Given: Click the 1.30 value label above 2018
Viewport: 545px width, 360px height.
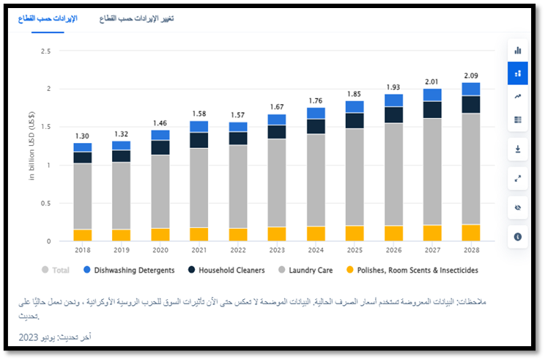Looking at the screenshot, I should tap(82, 136).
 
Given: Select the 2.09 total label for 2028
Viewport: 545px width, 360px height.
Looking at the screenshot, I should tap(472, 76).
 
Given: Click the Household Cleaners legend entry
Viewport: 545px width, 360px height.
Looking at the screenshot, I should tap(226, 271).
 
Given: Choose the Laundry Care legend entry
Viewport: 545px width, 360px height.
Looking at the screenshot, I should tap(305, 271).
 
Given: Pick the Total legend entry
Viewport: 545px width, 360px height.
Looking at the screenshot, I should tap(56, 271).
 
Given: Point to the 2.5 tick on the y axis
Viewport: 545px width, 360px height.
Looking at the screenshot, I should tap(45, 51).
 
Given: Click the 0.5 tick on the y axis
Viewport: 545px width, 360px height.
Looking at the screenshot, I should tap(45, 203).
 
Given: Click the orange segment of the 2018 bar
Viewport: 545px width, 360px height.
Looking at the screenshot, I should tap(83, 235).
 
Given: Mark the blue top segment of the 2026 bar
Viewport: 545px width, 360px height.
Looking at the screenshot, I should tap(393, 100).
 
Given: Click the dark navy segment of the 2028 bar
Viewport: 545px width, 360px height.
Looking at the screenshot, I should tap(472, 104).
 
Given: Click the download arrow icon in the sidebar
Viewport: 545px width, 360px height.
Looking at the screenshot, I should tap(518, 149).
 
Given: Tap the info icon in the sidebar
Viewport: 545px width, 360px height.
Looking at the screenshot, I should tap(518, 237).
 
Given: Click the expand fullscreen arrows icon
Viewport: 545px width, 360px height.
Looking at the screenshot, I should tap(518, 178).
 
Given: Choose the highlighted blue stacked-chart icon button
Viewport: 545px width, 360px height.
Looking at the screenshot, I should tap(518, 73).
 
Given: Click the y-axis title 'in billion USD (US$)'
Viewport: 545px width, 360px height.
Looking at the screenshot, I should tap(33, 147).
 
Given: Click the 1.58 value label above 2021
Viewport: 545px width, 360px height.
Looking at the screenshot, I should tap(199, 114).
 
